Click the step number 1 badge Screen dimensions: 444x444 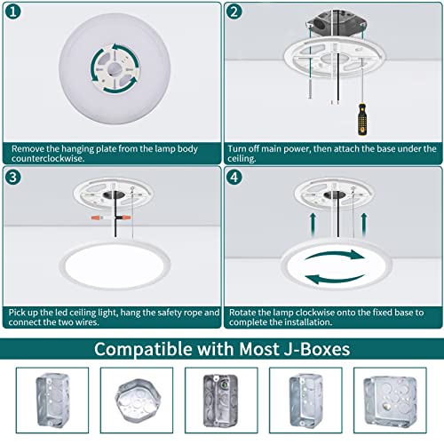12,12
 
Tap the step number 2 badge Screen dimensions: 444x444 234,12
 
